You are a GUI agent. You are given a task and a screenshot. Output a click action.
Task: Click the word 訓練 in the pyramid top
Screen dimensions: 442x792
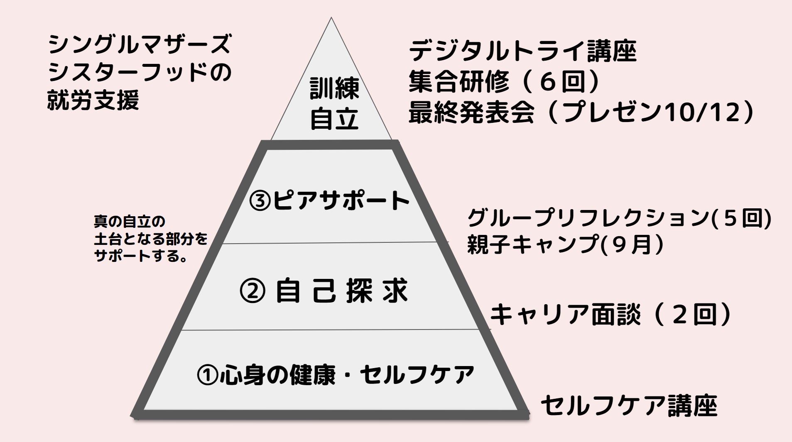tap(334, 89)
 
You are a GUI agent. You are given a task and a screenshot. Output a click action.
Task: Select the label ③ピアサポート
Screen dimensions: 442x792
tap(329, 201)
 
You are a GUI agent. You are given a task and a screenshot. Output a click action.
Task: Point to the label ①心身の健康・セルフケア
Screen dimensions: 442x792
tap(335, 375)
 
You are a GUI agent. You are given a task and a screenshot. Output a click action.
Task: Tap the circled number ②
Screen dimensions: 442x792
tap(253, 292)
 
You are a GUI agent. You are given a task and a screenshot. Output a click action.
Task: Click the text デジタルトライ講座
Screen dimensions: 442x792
tap(522, 51)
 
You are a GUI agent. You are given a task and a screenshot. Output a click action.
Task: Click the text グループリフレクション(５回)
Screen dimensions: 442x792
tap(619, 218)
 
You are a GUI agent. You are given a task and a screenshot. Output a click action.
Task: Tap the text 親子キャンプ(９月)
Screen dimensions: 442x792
tap(565, 244)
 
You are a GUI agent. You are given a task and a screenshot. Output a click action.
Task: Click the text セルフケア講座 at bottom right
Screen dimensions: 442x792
tap(629, 405)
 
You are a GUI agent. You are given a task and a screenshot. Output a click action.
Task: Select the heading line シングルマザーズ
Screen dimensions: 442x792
tap(140, 44)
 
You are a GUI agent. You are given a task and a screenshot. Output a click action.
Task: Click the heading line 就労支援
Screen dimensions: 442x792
tap(93, 100)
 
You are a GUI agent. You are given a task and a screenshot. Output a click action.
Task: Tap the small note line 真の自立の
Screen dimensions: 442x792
tap(130, 222)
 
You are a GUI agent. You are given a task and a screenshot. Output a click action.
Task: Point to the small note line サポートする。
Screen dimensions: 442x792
tap(140, 256)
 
